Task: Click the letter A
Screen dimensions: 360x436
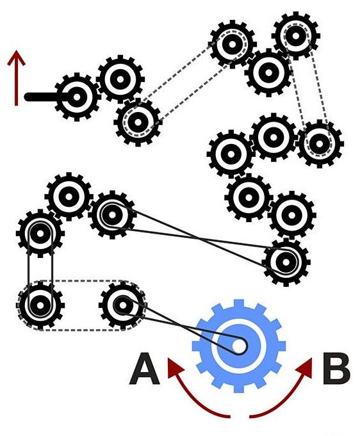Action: point(144,369)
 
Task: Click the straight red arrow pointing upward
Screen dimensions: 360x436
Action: point(17,77)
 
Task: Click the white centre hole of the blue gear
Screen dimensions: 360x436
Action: point(238,346)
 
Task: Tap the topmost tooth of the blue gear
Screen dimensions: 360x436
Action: point(238,303)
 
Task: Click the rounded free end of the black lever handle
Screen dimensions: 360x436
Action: point(28,97)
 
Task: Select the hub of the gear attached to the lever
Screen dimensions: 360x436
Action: point(76,97)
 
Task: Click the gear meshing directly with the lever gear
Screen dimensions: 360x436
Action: point(120,79)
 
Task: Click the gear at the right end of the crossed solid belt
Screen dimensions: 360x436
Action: point(286,262)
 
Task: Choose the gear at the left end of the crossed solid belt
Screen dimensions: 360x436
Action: point(112,214)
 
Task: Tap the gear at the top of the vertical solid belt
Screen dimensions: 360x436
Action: point(40,234)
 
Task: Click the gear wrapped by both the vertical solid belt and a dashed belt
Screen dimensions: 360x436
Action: point(40,305)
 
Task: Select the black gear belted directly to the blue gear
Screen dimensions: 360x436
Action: point(123,305)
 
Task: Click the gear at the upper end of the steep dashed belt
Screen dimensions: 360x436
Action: point(296,36)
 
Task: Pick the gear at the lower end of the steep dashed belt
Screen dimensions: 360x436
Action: point(320,144)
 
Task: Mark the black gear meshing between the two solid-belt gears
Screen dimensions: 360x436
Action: point(69,197)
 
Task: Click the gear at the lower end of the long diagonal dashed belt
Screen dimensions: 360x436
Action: point(138,122)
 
